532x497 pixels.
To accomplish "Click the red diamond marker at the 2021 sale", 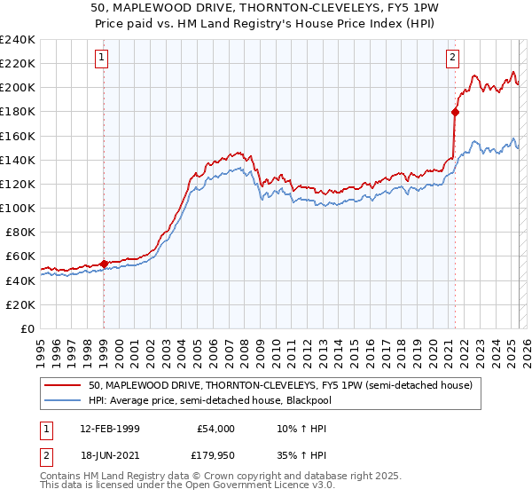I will [455, 112].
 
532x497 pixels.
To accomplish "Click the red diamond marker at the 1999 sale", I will [104, 263].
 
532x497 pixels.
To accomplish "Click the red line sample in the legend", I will [63, 384].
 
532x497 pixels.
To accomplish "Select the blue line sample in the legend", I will [63, 400].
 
